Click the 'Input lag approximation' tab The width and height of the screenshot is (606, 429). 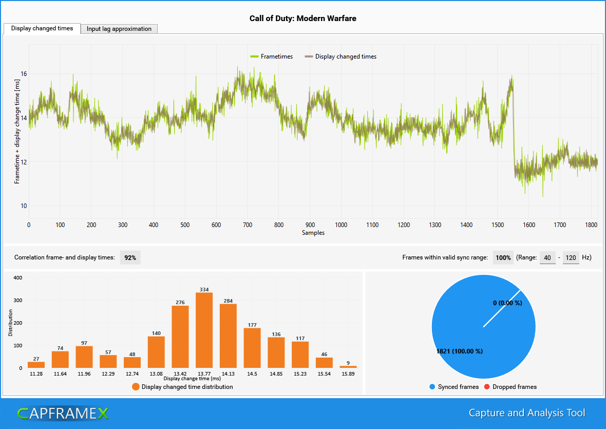coord(119,29)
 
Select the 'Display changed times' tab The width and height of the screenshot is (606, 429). coord(42,28)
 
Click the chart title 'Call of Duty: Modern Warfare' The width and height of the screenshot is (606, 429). coord(302,18)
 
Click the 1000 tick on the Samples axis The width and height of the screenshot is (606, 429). coord(341,225)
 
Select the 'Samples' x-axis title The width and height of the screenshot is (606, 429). coord(313,233)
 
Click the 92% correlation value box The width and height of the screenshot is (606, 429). coord(130,257)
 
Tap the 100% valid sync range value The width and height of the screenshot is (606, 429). coord(503,257)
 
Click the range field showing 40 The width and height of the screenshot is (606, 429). coord(547,257)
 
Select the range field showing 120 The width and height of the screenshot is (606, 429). coord(571,257)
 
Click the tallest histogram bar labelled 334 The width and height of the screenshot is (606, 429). coord(204,330)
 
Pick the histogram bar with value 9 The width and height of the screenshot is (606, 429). coord(348,366)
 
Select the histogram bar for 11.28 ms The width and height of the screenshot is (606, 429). coord(36,365)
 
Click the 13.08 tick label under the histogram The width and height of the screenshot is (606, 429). coord(156,374)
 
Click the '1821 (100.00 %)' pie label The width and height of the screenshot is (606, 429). coord(459,351)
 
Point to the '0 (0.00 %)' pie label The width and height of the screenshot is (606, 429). coord(507,303)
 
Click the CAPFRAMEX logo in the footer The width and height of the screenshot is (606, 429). coord(63,413)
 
